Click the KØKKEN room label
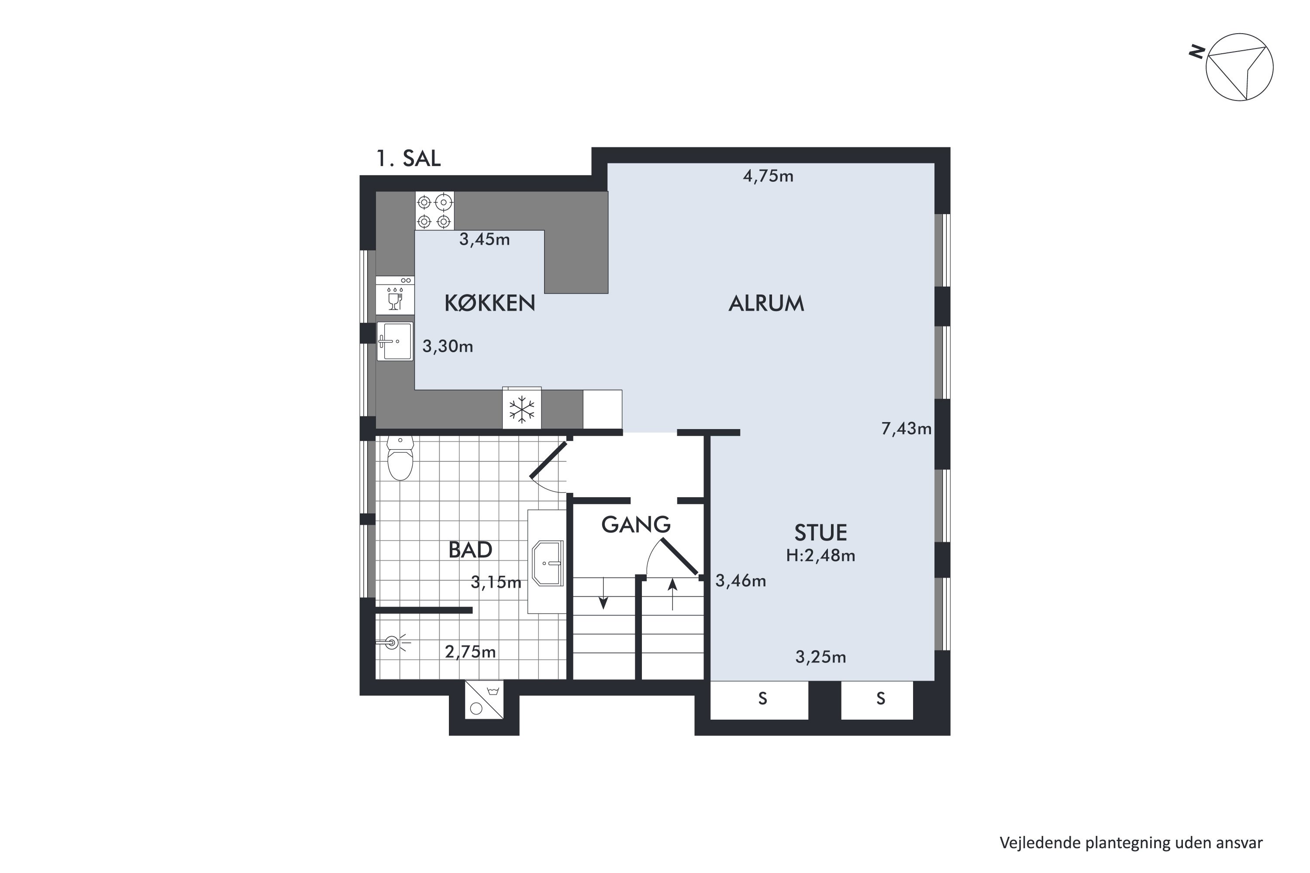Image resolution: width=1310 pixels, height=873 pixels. click(x=490, y=303)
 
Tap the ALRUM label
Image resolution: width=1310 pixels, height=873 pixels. click(x=766, y=303)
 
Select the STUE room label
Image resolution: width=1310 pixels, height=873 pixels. click(x=820, y=533)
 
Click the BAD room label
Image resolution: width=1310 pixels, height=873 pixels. click(x=470, y=550)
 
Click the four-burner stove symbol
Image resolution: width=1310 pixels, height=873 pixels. click(x=434, y=210)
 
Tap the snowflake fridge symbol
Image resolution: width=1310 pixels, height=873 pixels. click(x=522, y=409)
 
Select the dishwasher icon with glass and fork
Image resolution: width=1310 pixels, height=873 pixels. click(x=395, y=296)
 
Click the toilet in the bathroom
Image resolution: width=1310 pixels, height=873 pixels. click(x=400, y=458)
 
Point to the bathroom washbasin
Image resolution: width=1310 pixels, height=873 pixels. click(x=548, y=563)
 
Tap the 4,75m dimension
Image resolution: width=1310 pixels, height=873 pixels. click(x=768, y=176)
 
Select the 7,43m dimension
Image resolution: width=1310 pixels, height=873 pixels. click(x=906, y=428)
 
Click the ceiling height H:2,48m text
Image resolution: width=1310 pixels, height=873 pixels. click(x=820, y=556)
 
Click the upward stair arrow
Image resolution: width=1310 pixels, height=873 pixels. click(x=673, y=594)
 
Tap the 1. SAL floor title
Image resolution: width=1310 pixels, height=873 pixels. click(x=409, y=159)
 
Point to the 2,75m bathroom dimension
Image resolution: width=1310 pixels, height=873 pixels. click(x=470, y=651)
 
